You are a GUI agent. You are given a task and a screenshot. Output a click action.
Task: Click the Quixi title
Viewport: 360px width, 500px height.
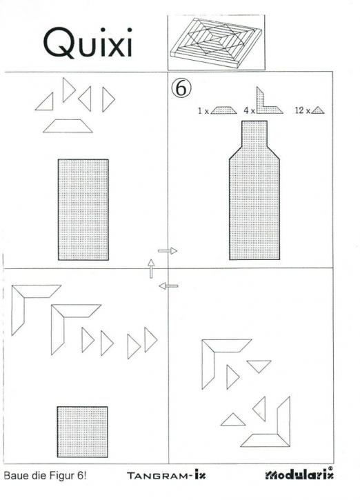coord(88,43)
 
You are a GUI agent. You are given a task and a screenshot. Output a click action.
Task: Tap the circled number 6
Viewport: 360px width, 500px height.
coord(181,88)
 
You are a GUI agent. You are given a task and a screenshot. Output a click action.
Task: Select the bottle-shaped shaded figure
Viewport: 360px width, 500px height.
coord(254,190)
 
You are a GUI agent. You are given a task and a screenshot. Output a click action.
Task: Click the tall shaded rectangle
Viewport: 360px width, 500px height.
coord(83,210)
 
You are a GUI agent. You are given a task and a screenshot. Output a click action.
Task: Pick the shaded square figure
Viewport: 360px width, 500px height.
coord(83,432)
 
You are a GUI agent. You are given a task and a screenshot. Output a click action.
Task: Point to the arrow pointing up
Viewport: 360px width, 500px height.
coord(151,268)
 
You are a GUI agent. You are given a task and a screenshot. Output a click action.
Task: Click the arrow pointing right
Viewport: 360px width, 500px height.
coord(168,251)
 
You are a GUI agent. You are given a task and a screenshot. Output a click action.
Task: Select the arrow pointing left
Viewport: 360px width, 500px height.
coord(168,286)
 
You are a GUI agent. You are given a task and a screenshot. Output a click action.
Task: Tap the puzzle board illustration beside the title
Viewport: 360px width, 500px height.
coord(216,42)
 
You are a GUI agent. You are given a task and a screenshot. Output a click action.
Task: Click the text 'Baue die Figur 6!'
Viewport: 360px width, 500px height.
coord(45,476)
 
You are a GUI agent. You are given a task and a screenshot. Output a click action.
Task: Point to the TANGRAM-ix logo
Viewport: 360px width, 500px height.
coord(166,475)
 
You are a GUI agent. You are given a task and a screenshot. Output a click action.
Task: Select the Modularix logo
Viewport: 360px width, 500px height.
coord(299,474)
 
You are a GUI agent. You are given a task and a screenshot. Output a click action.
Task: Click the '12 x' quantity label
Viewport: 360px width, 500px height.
coord(302,110)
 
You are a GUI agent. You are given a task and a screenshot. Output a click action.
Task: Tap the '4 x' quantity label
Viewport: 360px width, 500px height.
coord(250,110)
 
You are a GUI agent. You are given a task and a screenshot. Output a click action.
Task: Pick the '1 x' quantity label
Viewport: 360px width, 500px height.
coord(203,111)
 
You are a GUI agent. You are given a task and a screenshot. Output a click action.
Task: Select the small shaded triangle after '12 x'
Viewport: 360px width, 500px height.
coord(318,110)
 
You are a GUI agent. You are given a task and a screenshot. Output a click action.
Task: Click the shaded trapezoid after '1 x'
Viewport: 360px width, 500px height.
coord(223,110)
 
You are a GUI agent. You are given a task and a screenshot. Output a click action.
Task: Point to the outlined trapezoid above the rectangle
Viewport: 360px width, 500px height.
coord(68,126)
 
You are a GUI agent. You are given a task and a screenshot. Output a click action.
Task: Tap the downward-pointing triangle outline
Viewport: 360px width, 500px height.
coord(259,366)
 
